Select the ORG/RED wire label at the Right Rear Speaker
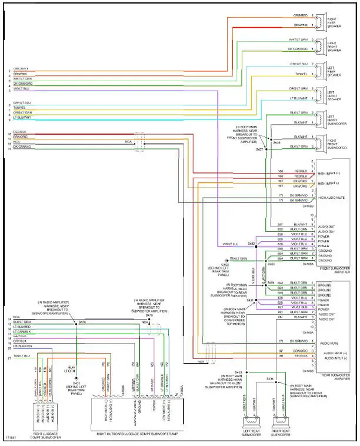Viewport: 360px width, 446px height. [x=300, y=15]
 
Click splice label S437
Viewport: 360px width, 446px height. [x=259, y=150]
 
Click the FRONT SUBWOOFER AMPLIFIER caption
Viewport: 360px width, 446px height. [x=334, y=268]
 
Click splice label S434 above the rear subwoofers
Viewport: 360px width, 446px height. [x=270, y=378]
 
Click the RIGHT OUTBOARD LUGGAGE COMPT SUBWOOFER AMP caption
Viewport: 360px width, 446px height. [x=137, y=434]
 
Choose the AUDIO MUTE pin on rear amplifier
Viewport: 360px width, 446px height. [x=329, y=341]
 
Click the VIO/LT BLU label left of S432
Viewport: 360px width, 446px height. [x=231, y=244]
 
